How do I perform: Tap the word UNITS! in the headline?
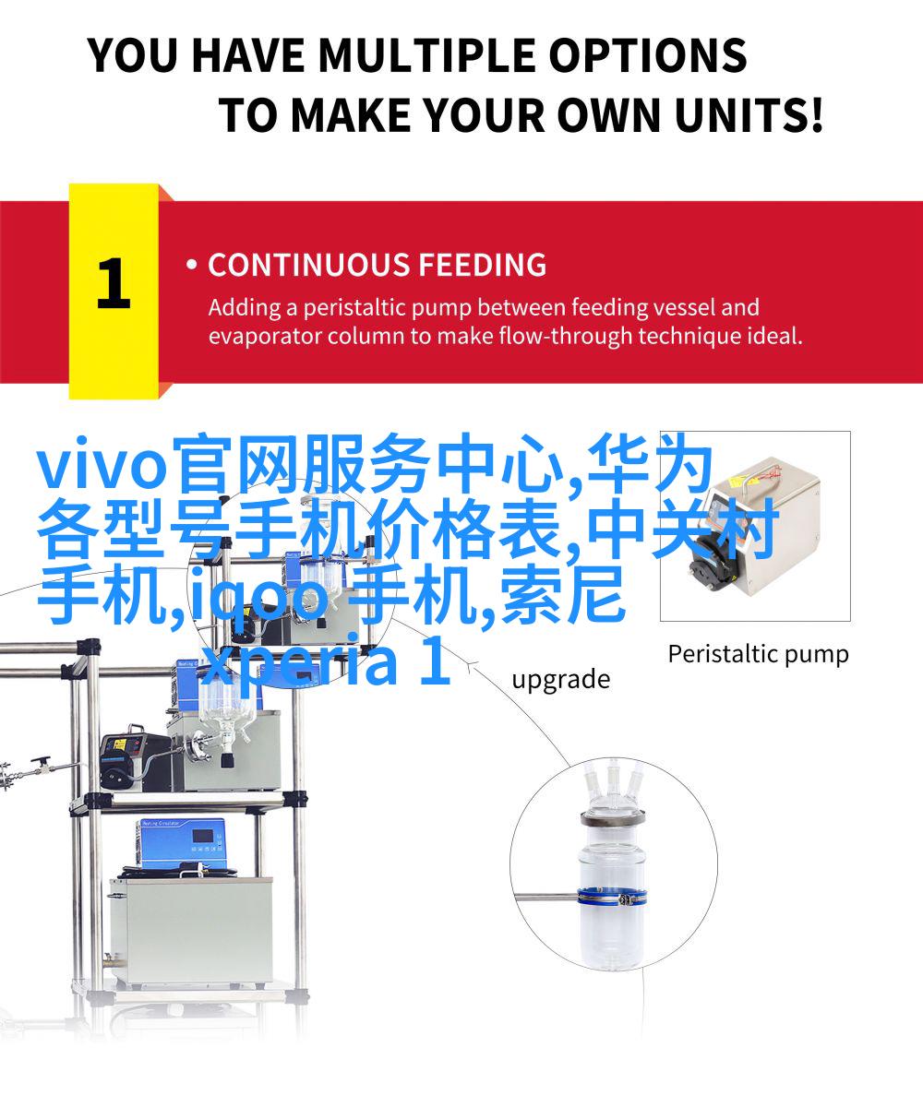749,115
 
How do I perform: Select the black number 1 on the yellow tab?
113,282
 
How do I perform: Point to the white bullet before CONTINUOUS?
192,265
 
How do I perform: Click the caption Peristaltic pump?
758,655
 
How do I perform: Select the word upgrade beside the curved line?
560,680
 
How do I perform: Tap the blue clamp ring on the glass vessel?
613,897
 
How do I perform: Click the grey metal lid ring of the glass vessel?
613,819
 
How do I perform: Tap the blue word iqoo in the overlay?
260,597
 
